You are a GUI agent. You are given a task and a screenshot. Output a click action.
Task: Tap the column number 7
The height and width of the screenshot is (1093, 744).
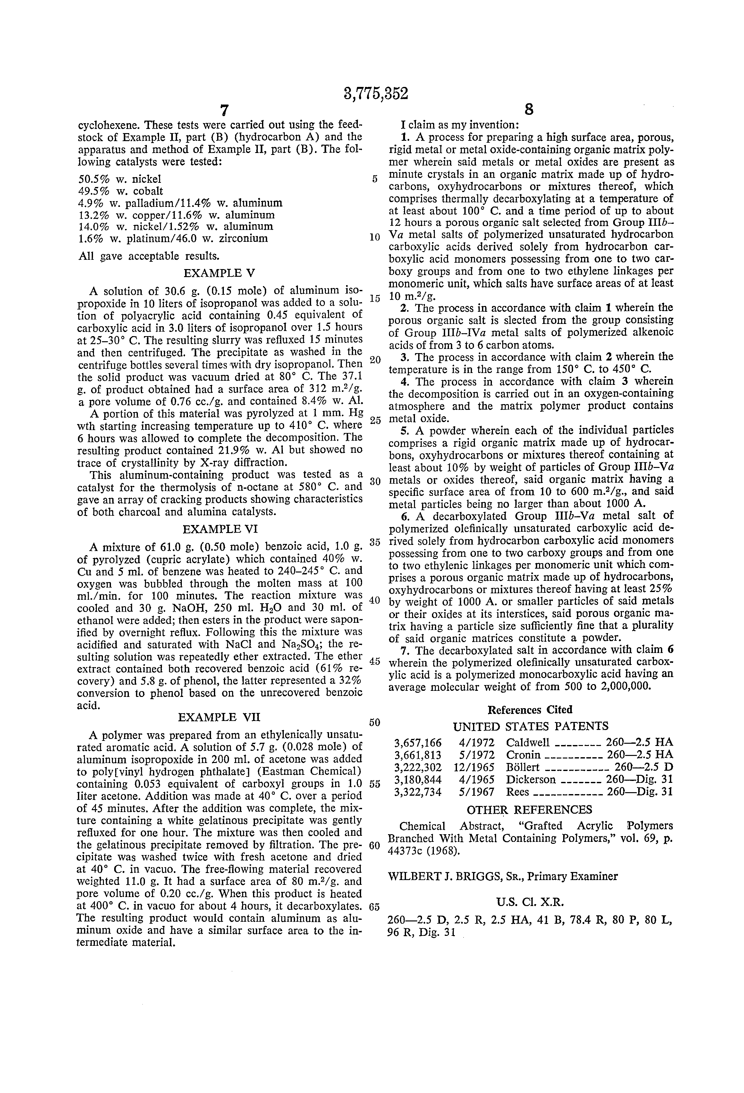(224, 110)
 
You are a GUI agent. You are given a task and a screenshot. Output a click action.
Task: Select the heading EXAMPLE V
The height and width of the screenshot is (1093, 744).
(219, 273)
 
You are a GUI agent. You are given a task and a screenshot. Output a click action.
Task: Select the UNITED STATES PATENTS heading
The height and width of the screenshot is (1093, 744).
(530, 726)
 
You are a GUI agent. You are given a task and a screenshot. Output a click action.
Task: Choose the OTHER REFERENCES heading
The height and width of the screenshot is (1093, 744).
(529, 809)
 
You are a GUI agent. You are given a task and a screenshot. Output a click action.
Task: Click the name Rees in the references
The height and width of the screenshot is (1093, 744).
(517, 792)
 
